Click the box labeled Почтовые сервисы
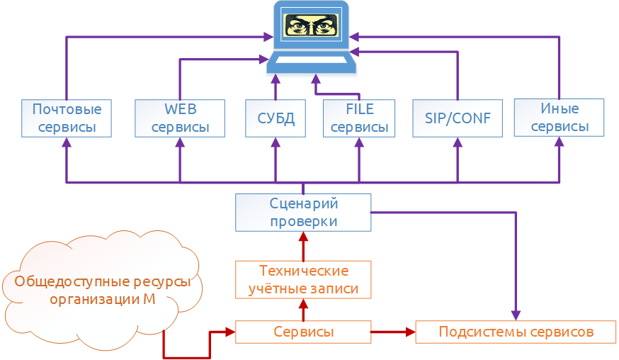tap(67, 118)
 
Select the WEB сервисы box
tap(180, 118)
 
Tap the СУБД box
tap(275, 118)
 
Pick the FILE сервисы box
tap(359, 118)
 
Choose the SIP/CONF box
tap(457, 118)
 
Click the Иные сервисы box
tap(559, 118)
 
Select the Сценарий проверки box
tap(303, 213)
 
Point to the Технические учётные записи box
tap(303, 280)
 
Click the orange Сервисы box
tap(303, 332)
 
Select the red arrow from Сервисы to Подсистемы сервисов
tap(393, 332)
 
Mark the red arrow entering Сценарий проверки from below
tap(303, 244)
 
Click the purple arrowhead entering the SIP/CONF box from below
tap(457, 142)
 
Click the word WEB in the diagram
tap(180, 109)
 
